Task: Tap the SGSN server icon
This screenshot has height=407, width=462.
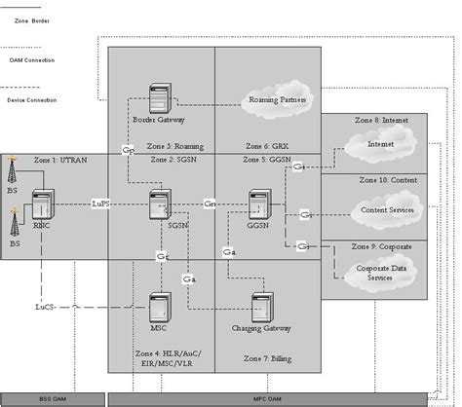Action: point(159,205)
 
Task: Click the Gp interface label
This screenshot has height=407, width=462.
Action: point(128,150)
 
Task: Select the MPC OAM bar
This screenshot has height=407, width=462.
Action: point(284,398)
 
